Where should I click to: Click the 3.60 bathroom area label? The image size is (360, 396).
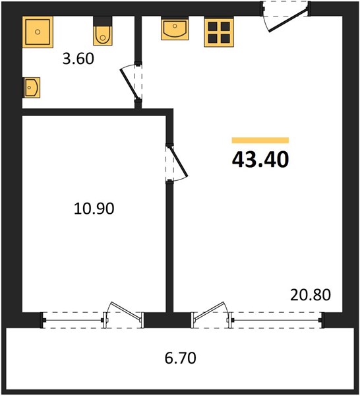pos(78,59)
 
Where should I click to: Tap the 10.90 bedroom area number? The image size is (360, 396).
pos(94,209)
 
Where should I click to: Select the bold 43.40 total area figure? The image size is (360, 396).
pos(260,160)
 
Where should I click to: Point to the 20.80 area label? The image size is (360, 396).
pos(311,295)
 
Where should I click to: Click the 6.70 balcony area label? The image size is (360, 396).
pos(181,358)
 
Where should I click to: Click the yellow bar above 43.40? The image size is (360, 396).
pos(260,140)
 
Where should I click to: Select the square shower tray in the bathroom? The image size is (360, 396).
pos(38,32)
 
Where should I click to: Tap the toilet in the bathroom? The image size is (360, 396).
pos(102,31)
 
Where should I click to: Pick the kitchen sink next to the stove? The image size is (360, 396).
pos(175,28)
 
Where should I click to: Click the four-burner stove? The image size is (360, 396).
pos(219,32)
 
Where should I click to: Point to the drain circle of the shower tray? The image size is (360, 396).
pos(38,32)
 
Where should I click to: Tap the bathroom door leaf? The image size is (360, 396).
pos(129,84)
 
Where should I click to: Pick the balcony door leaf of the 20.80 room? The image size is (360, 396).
pos(208,311)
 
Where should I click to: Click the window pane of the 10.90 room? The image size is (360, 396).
pos(73,321)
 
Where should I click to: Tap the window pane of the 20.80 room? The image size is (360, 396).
pos(277,321)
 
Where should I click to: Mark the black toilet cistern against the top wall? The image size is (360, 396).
pos(102,21)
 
